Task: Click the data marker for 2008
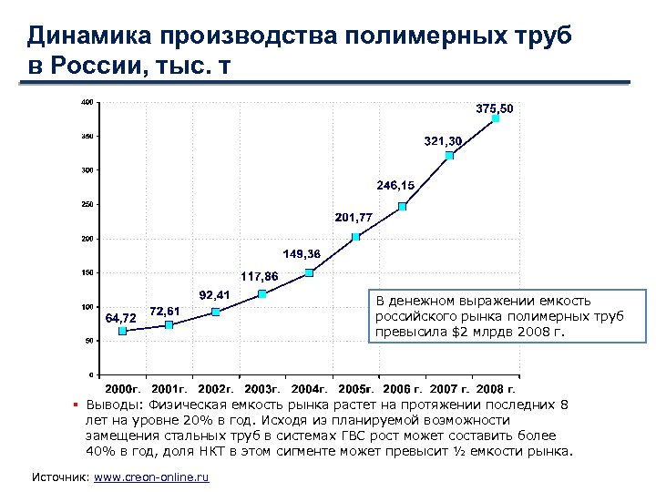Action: point(496,118)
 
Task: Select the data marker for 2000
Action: point(122,331)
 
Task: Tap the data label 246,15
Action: point(395,185)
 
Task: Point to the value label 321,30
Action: point(443,141)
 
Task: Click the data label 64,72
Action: point(121,318)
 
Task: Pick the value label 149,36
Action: point(302,252)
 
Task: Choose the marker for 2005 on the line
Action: point(355,237)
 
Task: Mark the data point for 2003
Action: point(262,293)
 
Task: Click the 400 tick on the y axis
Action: point(87,102)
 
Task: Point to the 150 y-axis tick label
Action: point(87,272)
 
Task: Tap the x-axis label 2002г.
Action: point(215,389)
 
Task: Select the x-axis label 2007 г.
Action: point(449,389)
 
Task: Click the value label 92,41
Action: point(214,293)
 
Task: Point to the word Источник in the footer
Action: point(60,477)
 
